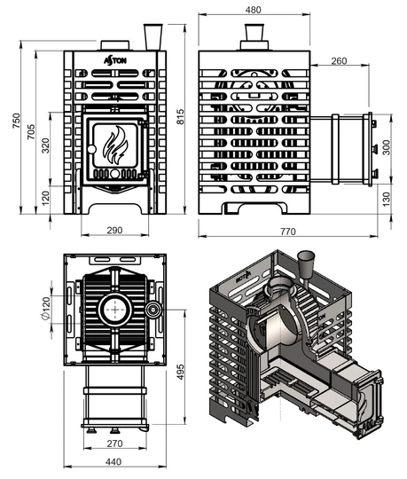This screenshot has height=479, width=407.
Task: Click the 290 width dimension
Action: tap(113, 230)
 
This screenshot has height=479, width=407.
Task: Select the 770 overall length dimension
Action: tap(284, 231)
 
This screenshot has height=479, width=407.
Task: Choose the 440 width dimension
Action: tap(113, 461)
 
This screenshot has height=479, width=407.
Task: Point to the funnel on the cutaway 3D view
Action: tap(308, 263)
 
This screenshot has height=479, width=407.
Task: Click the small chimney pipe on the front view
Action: tap(150, 36)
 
